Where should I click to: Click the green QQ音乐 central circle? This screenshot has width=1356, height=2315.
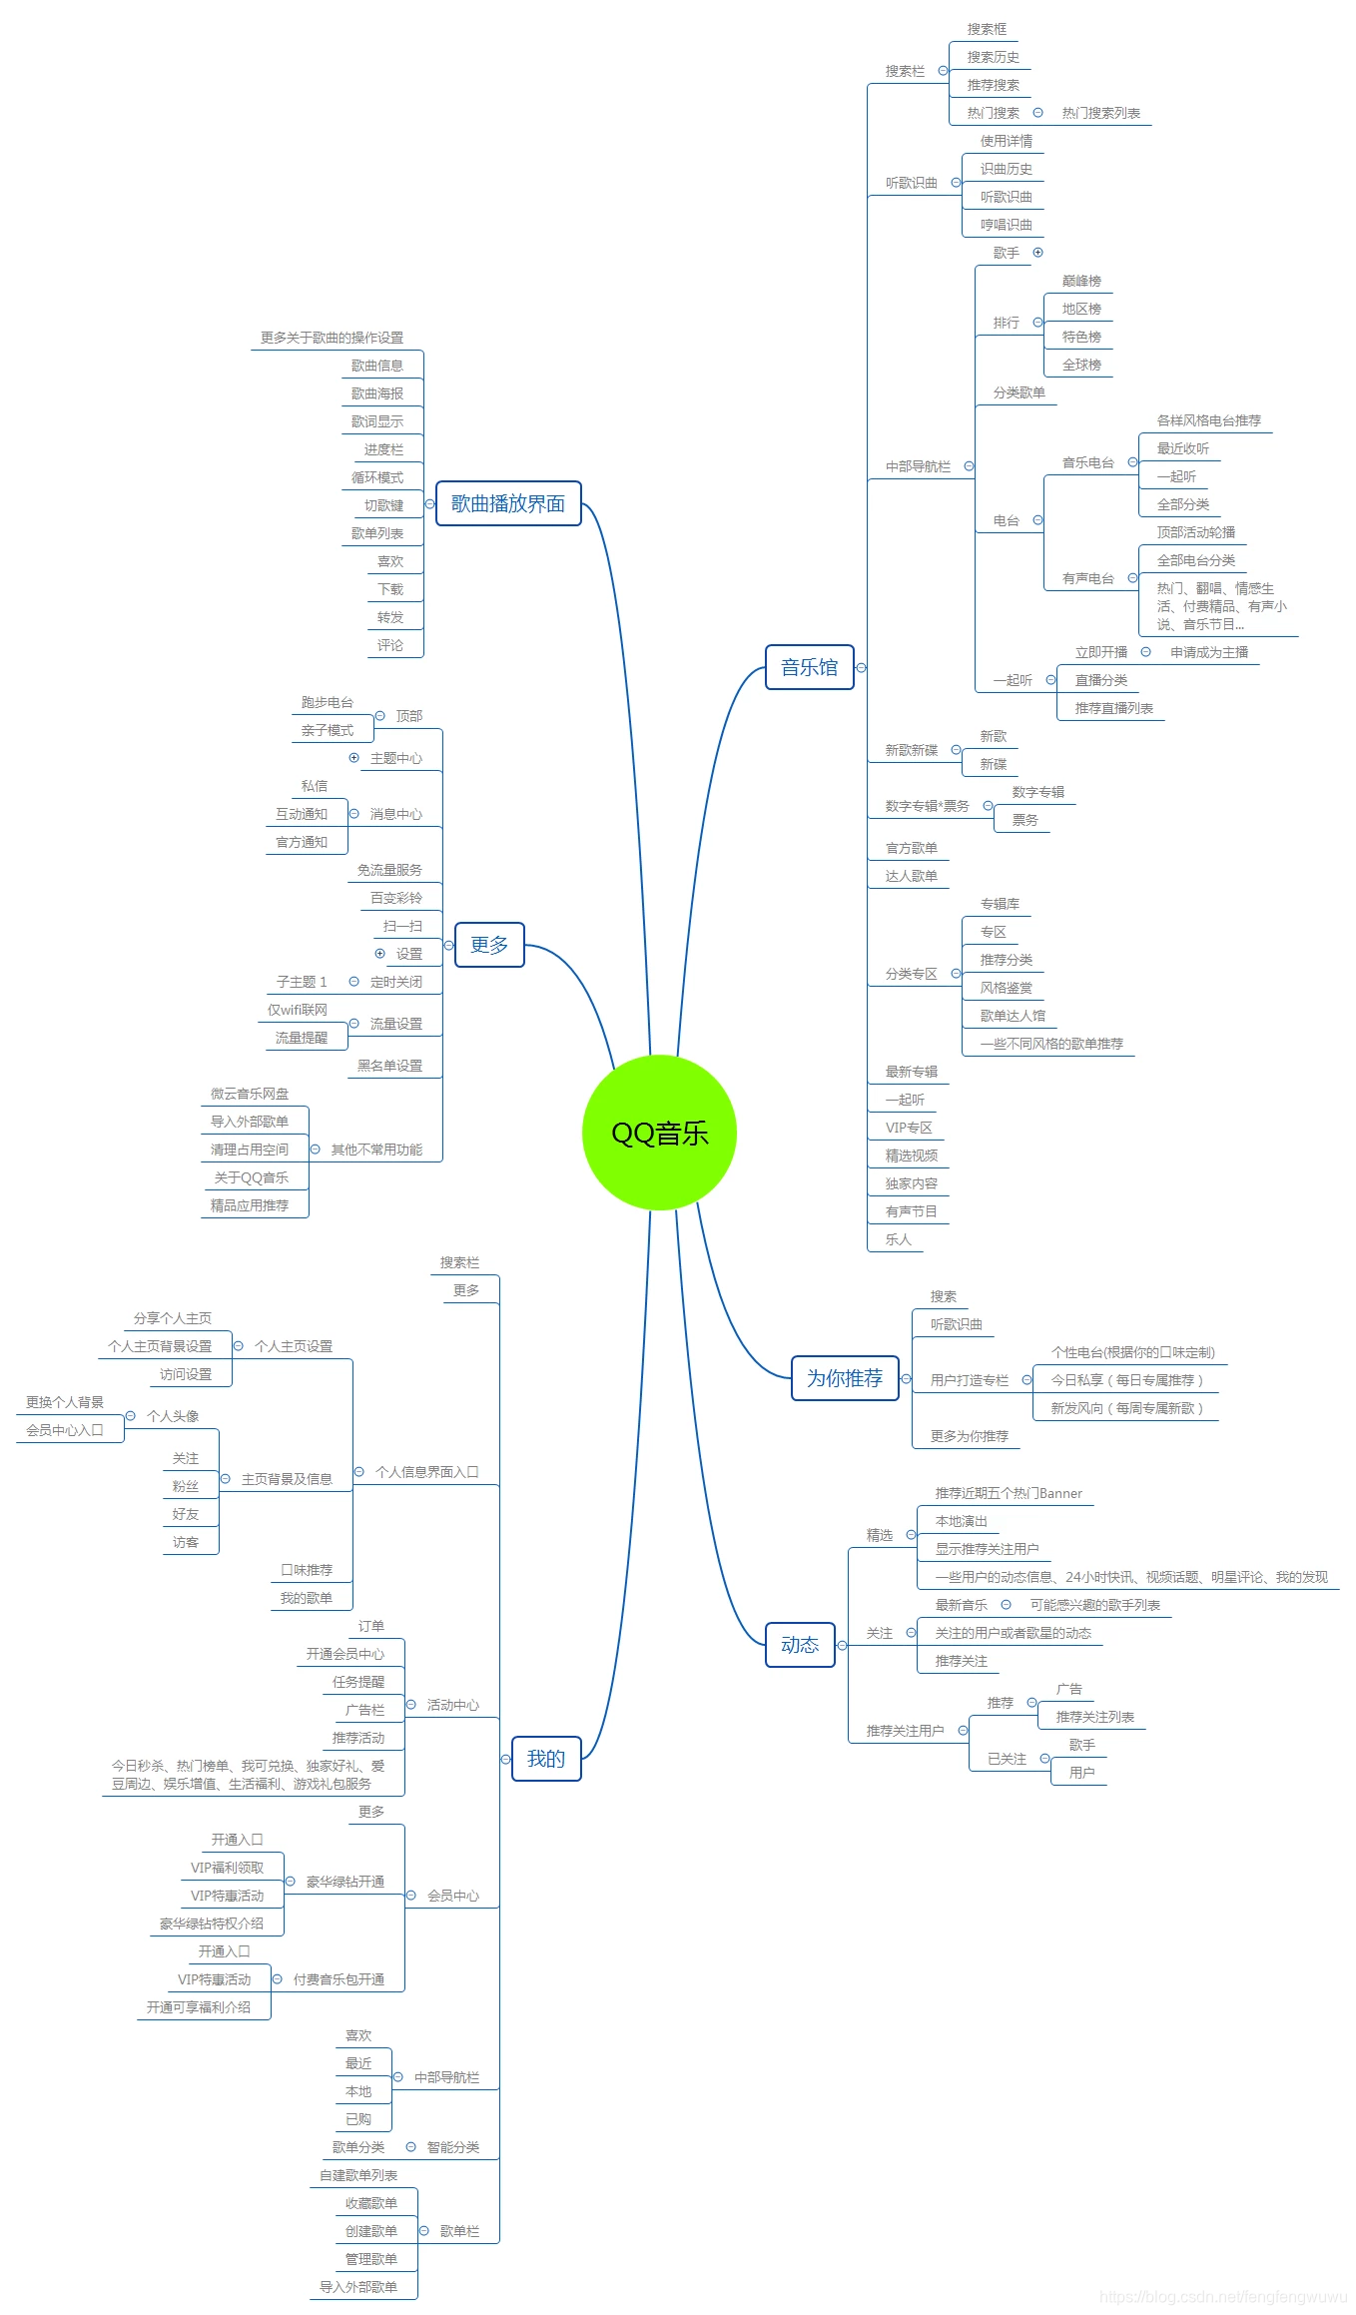659,1133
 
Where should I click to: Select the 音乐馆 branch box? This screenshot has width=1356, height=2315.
809,667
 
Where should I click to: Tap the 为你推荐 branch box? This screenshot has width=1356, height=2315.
844,1378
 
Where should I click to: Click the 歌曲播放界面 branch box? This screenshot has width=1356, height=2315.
507,503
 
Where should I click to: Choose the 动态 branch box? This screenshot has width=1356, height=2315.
799,1645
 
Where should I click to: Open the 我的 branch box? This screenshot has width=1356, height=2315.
545,1759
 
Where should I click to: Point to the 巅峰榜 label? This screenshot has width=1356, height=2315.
1081,281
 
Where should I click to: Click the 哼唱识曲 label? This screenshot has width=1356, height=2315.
1006,225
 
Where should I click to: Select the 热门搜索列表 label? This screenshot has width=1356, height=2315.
1100,113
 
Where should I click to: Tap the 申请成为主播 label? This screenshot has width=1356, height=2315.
1208,652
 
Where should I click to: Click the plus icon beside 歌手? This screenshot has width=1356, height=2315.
1037,253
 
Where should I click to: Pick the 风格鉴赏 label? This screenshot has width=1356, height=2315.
1006,988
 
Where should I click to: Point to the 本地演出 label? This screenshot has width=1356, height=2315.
961,1521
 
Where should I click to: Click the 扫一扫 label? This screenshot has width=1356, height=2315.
402,926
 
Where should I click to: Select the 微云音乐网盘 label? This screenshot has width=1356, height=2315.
249,1094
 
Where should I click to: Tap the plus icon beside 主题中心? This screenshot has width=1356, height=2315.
353,758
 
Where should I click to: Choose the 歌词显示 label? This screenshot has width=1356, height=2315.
376,421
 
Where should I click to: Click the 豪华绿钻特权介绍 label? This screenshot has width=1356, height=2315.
211,1924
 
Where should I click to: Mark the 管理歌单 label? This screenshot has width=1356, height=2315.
370,2259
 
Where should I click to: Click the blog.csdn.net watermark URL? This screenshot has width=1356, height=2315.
1222,2297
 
